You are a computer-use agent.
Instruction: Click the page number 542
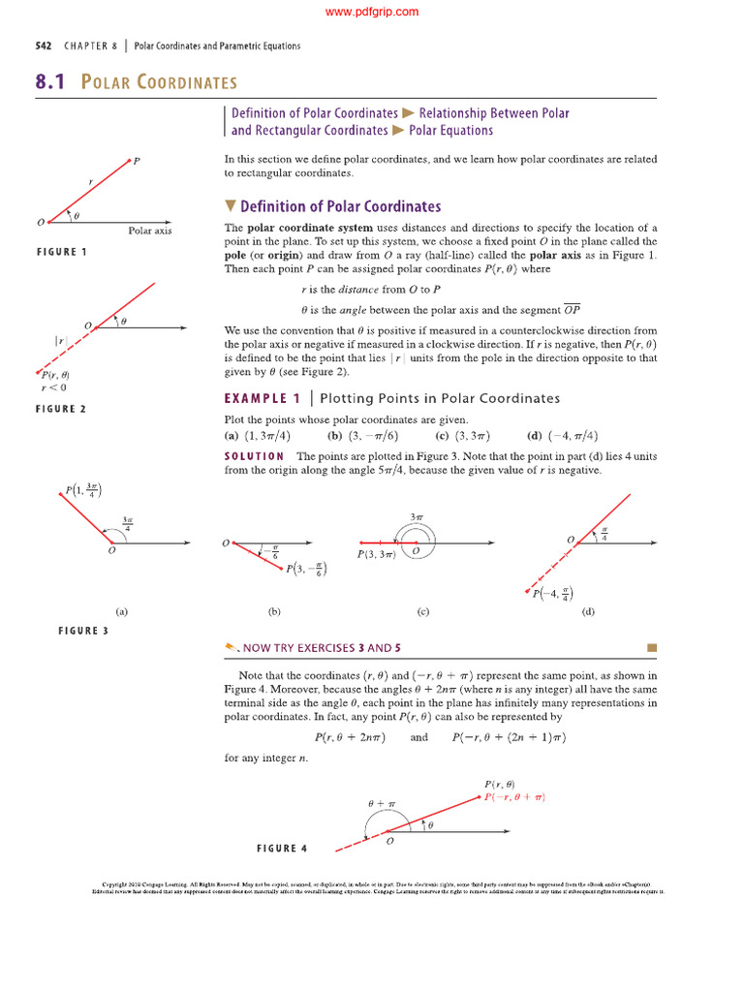tap(43, 46)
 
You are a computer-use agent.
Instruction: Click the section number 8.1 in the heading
tap(48, 82)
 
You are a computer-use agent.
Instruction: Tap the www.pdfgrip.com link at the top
tap(372, 12)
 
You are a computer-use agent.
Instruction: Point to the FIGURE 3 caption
tap(83, 631)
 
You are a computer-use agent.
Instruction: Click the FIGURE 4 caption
tap(281, 849)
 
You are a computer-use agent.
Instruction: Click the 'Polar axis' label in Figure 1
tap(149, 231)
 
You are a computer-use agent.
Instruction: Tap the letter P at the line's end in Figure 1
tap(137, 161)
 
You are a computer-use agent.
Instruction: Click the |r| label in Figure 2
tap(60, 341)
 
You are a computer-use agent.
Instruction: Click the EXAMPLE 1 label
tap(262, 398)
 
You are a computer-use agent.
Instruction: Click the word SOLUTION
tap(254, 456)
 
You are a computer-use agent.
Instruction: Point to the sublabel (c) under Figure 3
tap(422, 612)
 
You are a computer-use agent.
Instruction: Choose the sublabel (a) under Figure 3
tap(122, 612)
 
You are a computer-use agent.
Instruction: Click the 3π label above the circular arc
tap(418, 518)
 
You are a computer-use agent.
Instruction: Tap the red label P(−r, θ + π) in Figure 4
tap(513, 796)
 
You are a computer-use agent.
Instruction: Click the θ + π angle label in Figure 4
tap(382, 804)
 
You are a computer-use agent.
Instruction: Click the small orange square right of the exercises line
tap(651, 647)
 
